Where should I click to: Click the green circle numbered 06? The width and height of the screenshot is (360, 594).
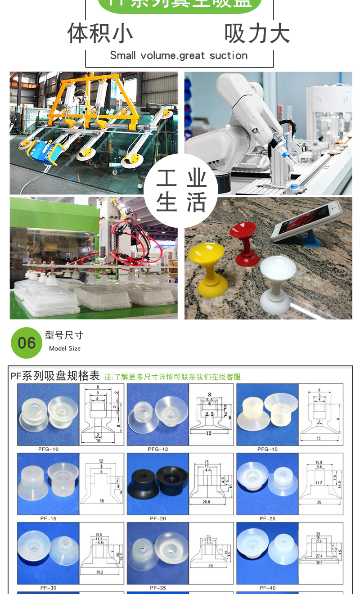[27, 343]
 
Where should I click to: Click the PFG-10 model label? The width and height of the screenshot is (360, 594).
[48, 449]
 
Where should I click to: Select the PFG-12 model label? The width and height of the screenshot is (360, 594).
[157, 449]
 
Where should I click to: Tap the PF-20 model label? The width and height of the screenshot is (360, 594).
[157, 518]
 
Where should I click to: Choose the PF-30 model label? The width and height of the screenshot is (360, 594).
[48, 588]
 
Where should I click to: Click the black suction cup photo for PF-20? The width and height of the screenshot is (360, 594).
[157, 484]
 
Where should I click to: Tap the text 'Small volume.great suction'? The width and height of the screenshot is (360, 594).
[179, 55]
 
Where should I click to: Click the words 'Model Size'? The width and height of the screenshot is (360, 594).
[65, 349]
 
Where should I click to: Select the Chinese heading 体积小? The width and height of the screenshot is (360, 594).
[100, 33]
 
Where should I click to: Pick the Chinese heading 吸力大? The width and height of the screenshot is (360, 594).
[257, 33]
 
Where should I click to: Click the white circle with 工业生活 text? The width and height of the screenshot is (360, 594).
[181, 190]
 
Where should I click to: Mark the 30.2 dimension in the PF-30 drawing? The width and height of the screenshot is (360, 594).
[99, 572]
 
